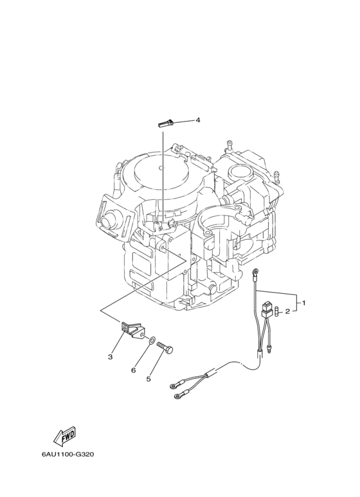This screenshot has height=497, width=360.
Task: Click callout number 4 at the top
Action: [198, 120]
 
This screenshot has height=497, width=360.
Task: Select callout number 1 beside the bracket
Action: [303, 303]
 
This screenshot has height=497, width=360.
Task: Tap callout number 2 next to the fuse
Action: [287, 312]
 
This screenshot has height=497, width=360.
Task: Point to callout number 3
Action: [111, 357]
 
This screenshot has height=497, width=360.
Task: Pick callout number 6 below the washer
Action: [134, 370]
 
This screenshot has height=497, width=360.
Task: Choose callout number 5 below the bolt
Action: [148, 379]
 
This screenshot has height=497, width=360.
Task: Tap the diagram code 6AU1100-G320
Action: [67, 454]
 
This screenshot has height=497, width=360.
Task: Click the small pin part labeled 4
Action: [165, 123]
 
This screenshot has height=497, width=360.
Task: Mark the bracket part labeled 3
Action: [131, 330]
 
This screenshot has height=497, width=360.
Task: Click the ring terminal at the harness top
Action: [255, 271]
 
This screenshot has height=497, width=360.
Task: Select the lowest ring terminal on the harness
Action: [177, 395]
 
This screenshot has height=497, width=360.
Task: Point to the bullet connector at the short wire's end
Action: [270, 350]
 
